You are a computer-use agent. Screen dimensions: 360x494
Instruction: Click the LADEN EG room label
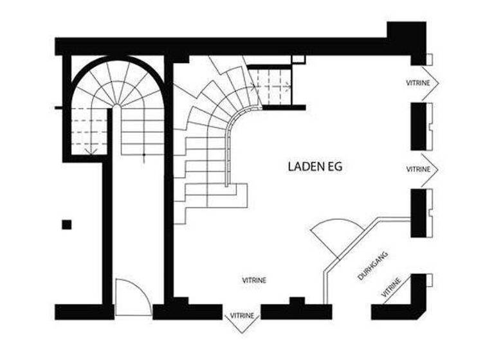315,167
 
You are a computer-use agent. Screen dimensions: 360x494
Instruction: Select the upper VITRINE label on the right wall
418,83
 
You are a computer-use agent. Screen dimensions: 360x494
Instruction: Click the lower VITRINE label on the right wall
418,168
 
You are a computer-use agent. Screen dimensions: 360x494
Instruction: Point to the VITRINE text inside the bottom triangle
242,316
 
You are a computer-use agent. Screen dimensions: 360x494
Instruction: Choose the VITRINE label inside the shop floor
254,280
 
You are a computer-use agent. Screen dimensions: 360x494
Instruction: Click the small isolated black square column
66,224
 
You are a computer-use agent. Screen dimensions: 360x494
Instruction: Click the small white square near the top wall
298,59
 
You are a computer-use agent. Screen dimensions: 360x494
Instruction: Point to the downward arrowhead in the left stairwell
91,152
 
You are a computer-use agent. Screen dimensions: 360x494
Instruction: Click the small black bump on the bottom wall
296,300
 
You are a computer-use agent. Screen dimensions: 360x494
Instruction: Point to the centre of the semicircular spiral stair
117,103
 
